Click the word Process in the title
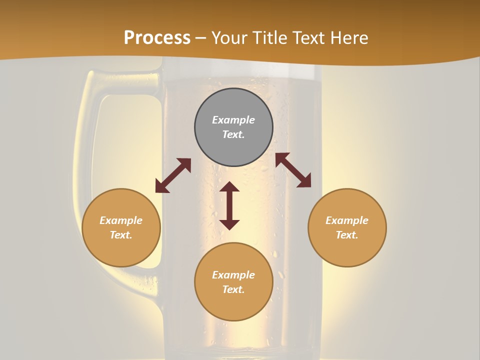(157, 38)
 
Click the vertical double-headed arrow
(229, 205)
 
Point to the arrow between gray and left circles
(173, 175)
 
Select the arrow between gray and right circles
(293, 170)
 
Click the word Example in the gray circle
(233, 120)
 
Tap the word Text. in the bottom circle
(233, 289)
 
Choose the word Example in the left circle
(121, 220)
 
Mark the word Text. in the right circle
(347, 235)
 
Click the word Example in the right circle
(347, 220)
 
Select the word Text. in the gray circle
(233, 134)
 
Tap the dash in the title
(201, 38)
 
